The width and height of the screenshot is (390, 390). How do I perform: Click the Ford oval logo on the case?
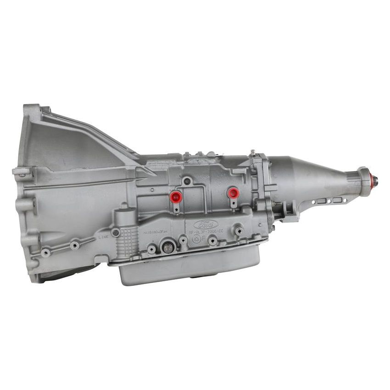click(205, 224)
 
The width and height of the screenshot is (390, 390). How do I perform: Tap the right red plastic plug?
click(234, 193)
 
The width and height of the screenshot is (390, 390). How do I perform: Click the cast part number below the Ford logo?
click(206, 233)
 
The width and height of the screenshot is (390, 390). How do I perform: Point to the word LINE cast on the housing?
click(104, 237)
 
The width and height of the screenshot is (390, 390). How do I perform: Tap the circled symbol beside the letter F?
click(196, 240)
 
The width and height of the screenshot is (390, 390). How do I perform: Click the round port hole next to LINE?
click(116, 233)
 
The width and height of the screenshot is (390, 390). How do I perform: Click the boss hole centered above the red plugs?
click(186, 181)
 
